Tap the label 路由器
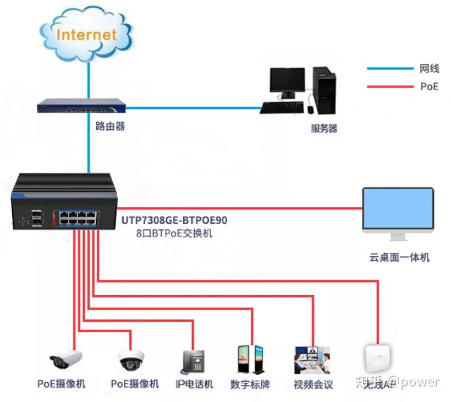[110, 126]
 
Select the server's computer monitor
[287, 81]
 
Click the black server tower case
[323, 90]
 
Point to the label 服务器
[324, 129]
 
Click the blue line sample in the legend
[390, 69]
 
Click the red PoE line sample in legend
[390, 86]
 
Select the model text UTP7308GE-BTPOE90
[174, 221]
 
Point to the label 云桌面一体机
[399, 257]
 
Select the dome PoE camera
[131, 361]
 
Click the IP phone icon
[193, 362]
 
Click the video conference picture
[312, 360]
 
